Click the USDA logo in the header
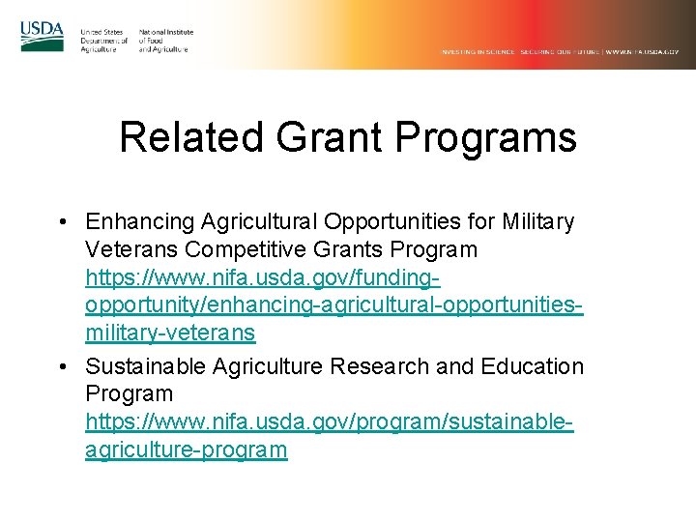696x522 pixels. click(x=42, y=37)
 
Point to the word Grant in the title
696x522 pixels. click(x=329, y=137)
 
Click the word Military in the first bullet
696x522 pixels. click(x=538, y=222)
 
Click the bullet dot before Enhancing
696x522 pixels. click(x=62, y=222)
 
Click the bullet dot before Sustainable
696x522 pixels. click(x=62, y=367)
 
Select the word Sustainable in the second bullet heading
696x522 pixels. click(x=144, y=366)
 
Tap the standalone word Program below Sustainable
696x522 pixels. click(x=129, y=394)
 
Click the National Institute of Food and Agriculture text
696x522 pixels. click(x=165, y=41)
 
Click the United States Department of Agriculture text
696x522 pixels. click(x=103, y=41)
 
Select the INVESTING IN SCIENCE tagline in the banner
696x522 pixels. click(x=478, y=51)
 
